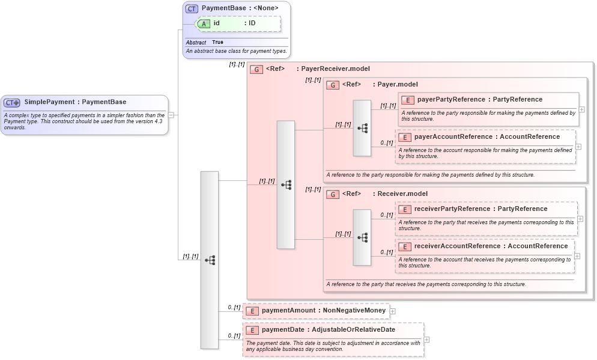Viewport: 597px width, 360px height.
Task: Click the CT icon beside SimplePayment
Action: click(x=12, y=103)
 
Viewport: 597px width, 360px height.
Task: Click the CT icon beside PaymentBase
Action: click(x=192, y=8)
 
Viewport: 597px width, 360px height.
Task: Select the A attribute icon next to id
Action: click(x=204, y=23)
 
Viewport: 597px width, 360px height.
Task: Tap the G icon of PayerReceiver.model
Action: click(x=256, y=69)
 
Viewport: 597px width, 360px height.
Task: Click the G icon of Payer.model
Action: click(x=333, y=85)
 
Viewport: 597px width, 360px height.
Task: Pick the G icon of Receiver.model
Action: click(x=333, y=194)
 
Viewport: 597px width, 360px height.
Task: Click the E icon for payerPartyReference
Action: click(x=407, y=100)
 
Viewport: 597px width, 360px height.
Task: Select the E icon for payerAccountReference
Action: click(x=405, y=137)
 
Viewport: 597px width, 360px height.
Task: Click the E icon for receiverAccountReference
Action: click(x=405, y=246)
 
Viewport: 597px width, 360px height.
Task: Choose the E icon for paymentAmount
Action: click(x=252, y=311)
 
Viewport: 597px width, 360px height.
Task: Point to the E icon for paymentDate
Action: click(x=252, y=330)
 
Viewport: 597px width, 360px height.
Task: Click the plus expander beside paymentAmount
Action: click(x=393, y=311)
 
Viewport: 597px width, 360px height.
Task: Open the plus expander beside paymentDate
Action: click(x=426, y=340)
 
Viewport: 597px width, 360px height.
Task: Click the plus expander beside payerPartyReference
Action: click(x=581, y=109)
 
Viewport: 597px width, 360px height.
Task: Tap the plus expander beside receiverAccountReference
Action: click(x=577, y=255)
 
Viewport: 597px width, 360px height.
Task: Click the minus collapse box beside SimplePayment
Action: click(x=171, y=115)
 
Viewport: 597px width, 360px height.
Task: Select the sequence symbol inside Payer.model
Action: click(x=362, y=128)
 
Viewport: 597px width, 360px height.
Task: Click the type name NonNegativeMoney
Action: click(x=354, y=311)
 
